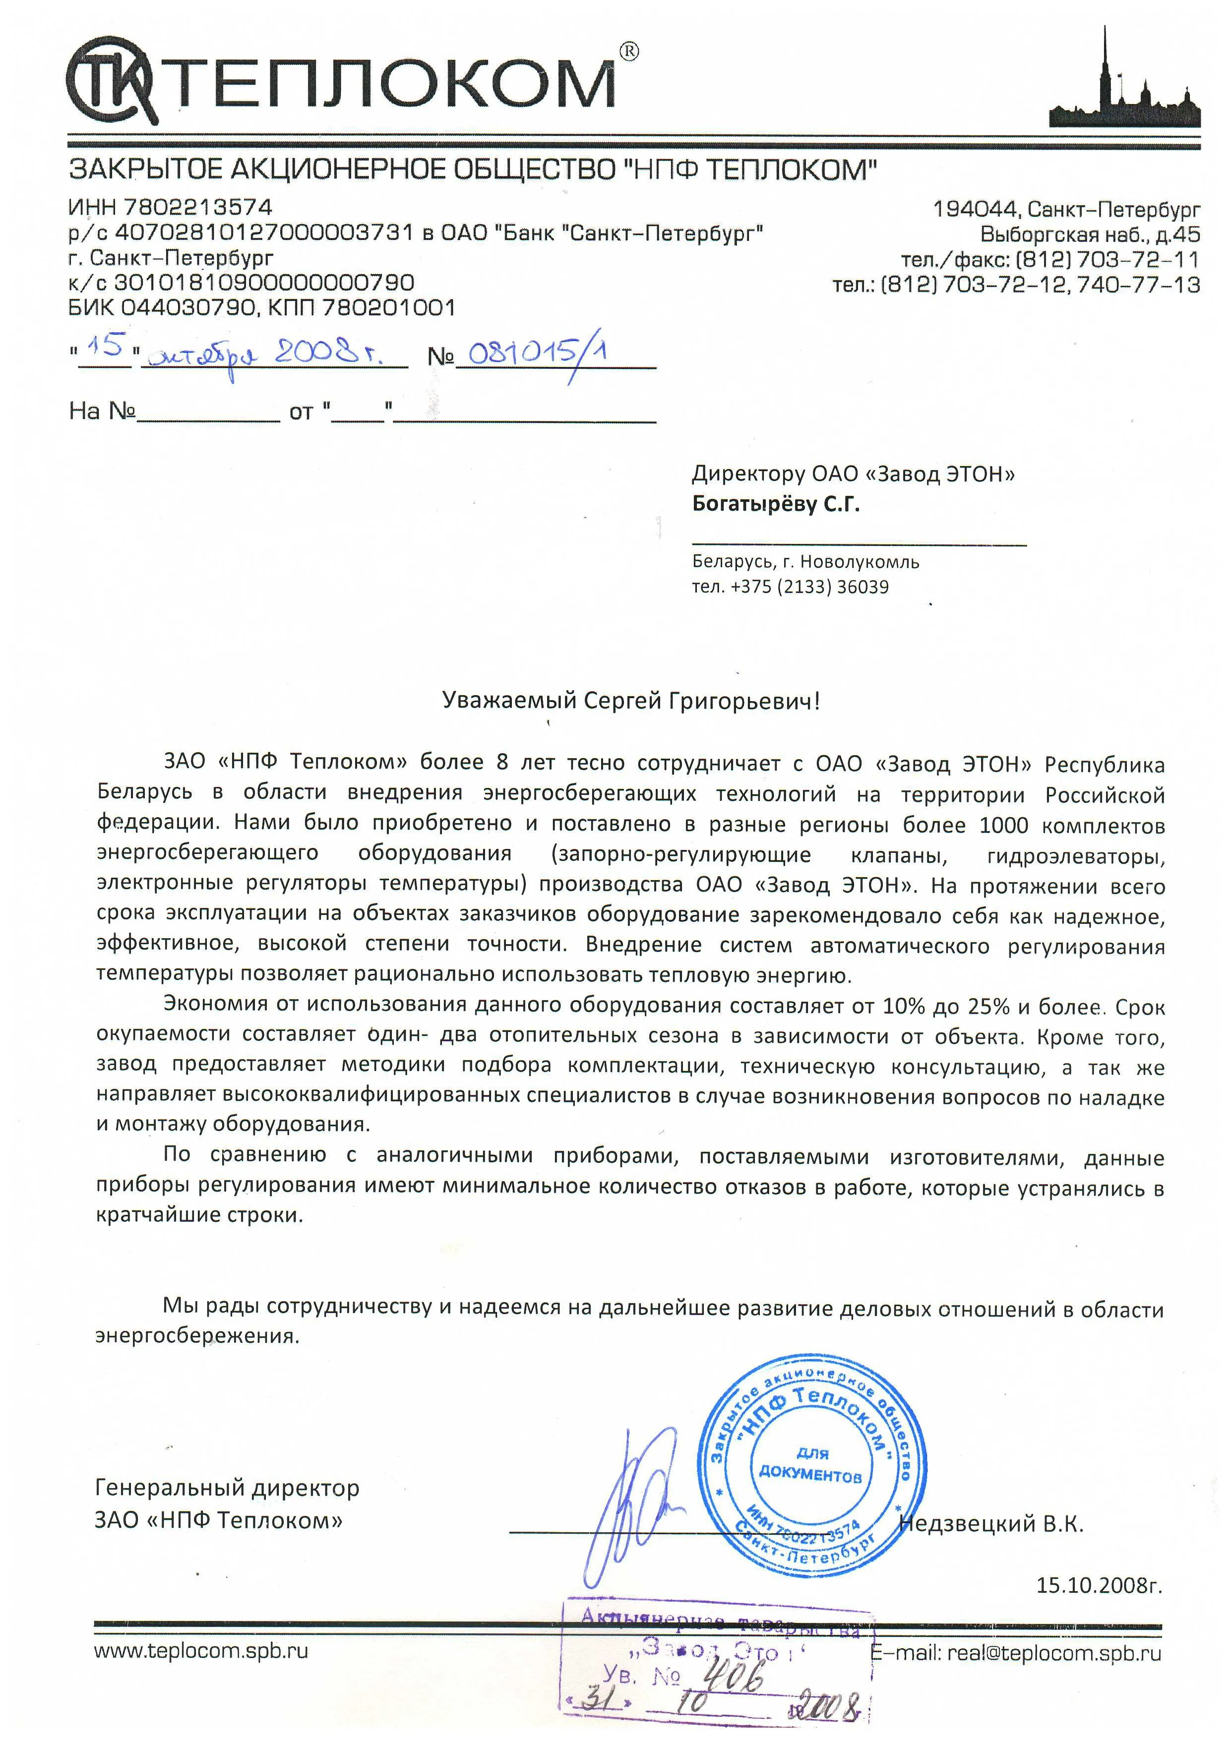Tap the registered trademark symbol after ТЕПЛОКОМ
click(628, 52)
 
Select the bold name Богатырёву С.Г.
click(776, 504)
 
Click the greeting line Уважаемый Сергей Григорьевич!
click(631, 701)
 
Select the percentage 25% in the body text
click(988, 1007)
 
